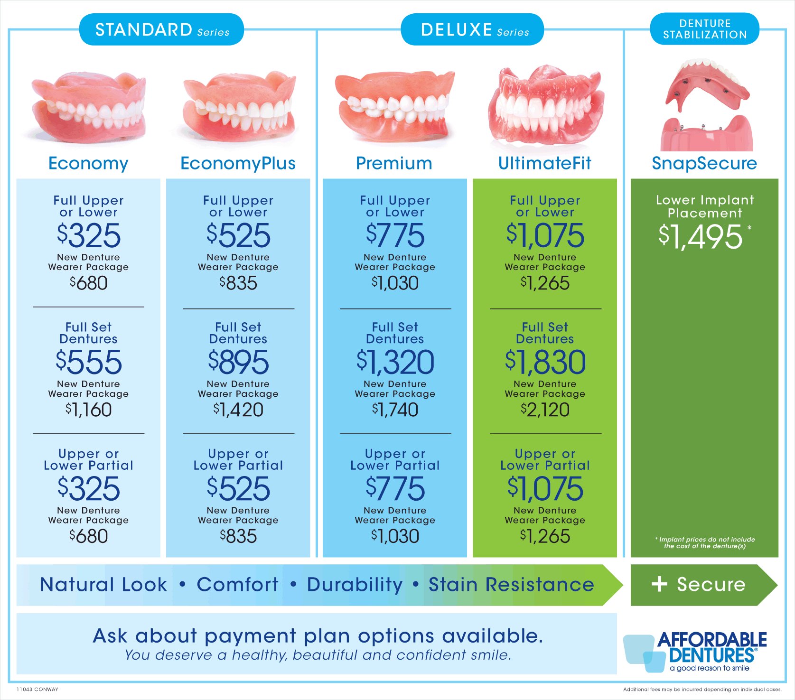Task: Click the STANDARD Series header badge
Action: pos(161,29)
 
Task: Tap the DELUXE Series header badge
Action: pos(472,29)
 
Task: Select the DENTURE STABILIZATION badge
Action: pos(705,29)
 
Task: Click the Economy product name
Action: pos(88,163)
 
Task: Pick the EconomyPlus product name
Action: pos(238,163)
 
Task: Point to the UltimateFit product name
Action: pos(544,163)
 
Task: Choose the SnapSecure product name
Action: pos(704,163)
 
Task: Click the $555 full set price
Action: pos(89,362)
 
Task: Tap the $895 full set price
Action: pos(238,362)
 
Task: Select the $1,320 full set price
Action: pos(395,362)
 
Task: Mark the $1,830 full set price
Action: pos(545,362)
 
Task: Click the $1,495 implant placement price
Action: pos(701,236)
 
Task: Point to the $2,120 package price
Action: pos(545,410)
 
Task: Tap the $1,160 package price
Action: pos(89,410)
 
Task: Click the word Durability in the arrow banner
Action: pos(355,585)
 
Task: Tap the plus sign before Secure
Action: pos(659,584)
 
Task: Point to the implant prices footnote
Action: pos(705,542)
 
